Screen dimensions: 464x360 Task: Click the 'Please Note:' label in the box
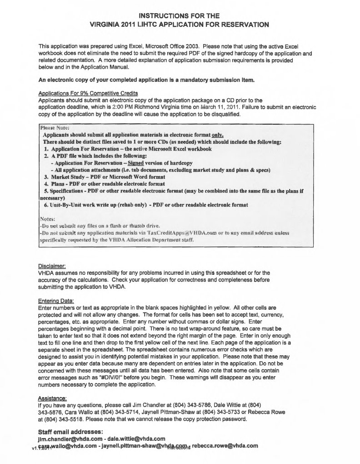pyautogui.click(x=54, y=128)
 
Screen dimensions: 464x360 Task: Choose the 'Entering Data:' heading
pyautogui.click(x=56, y=300)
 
